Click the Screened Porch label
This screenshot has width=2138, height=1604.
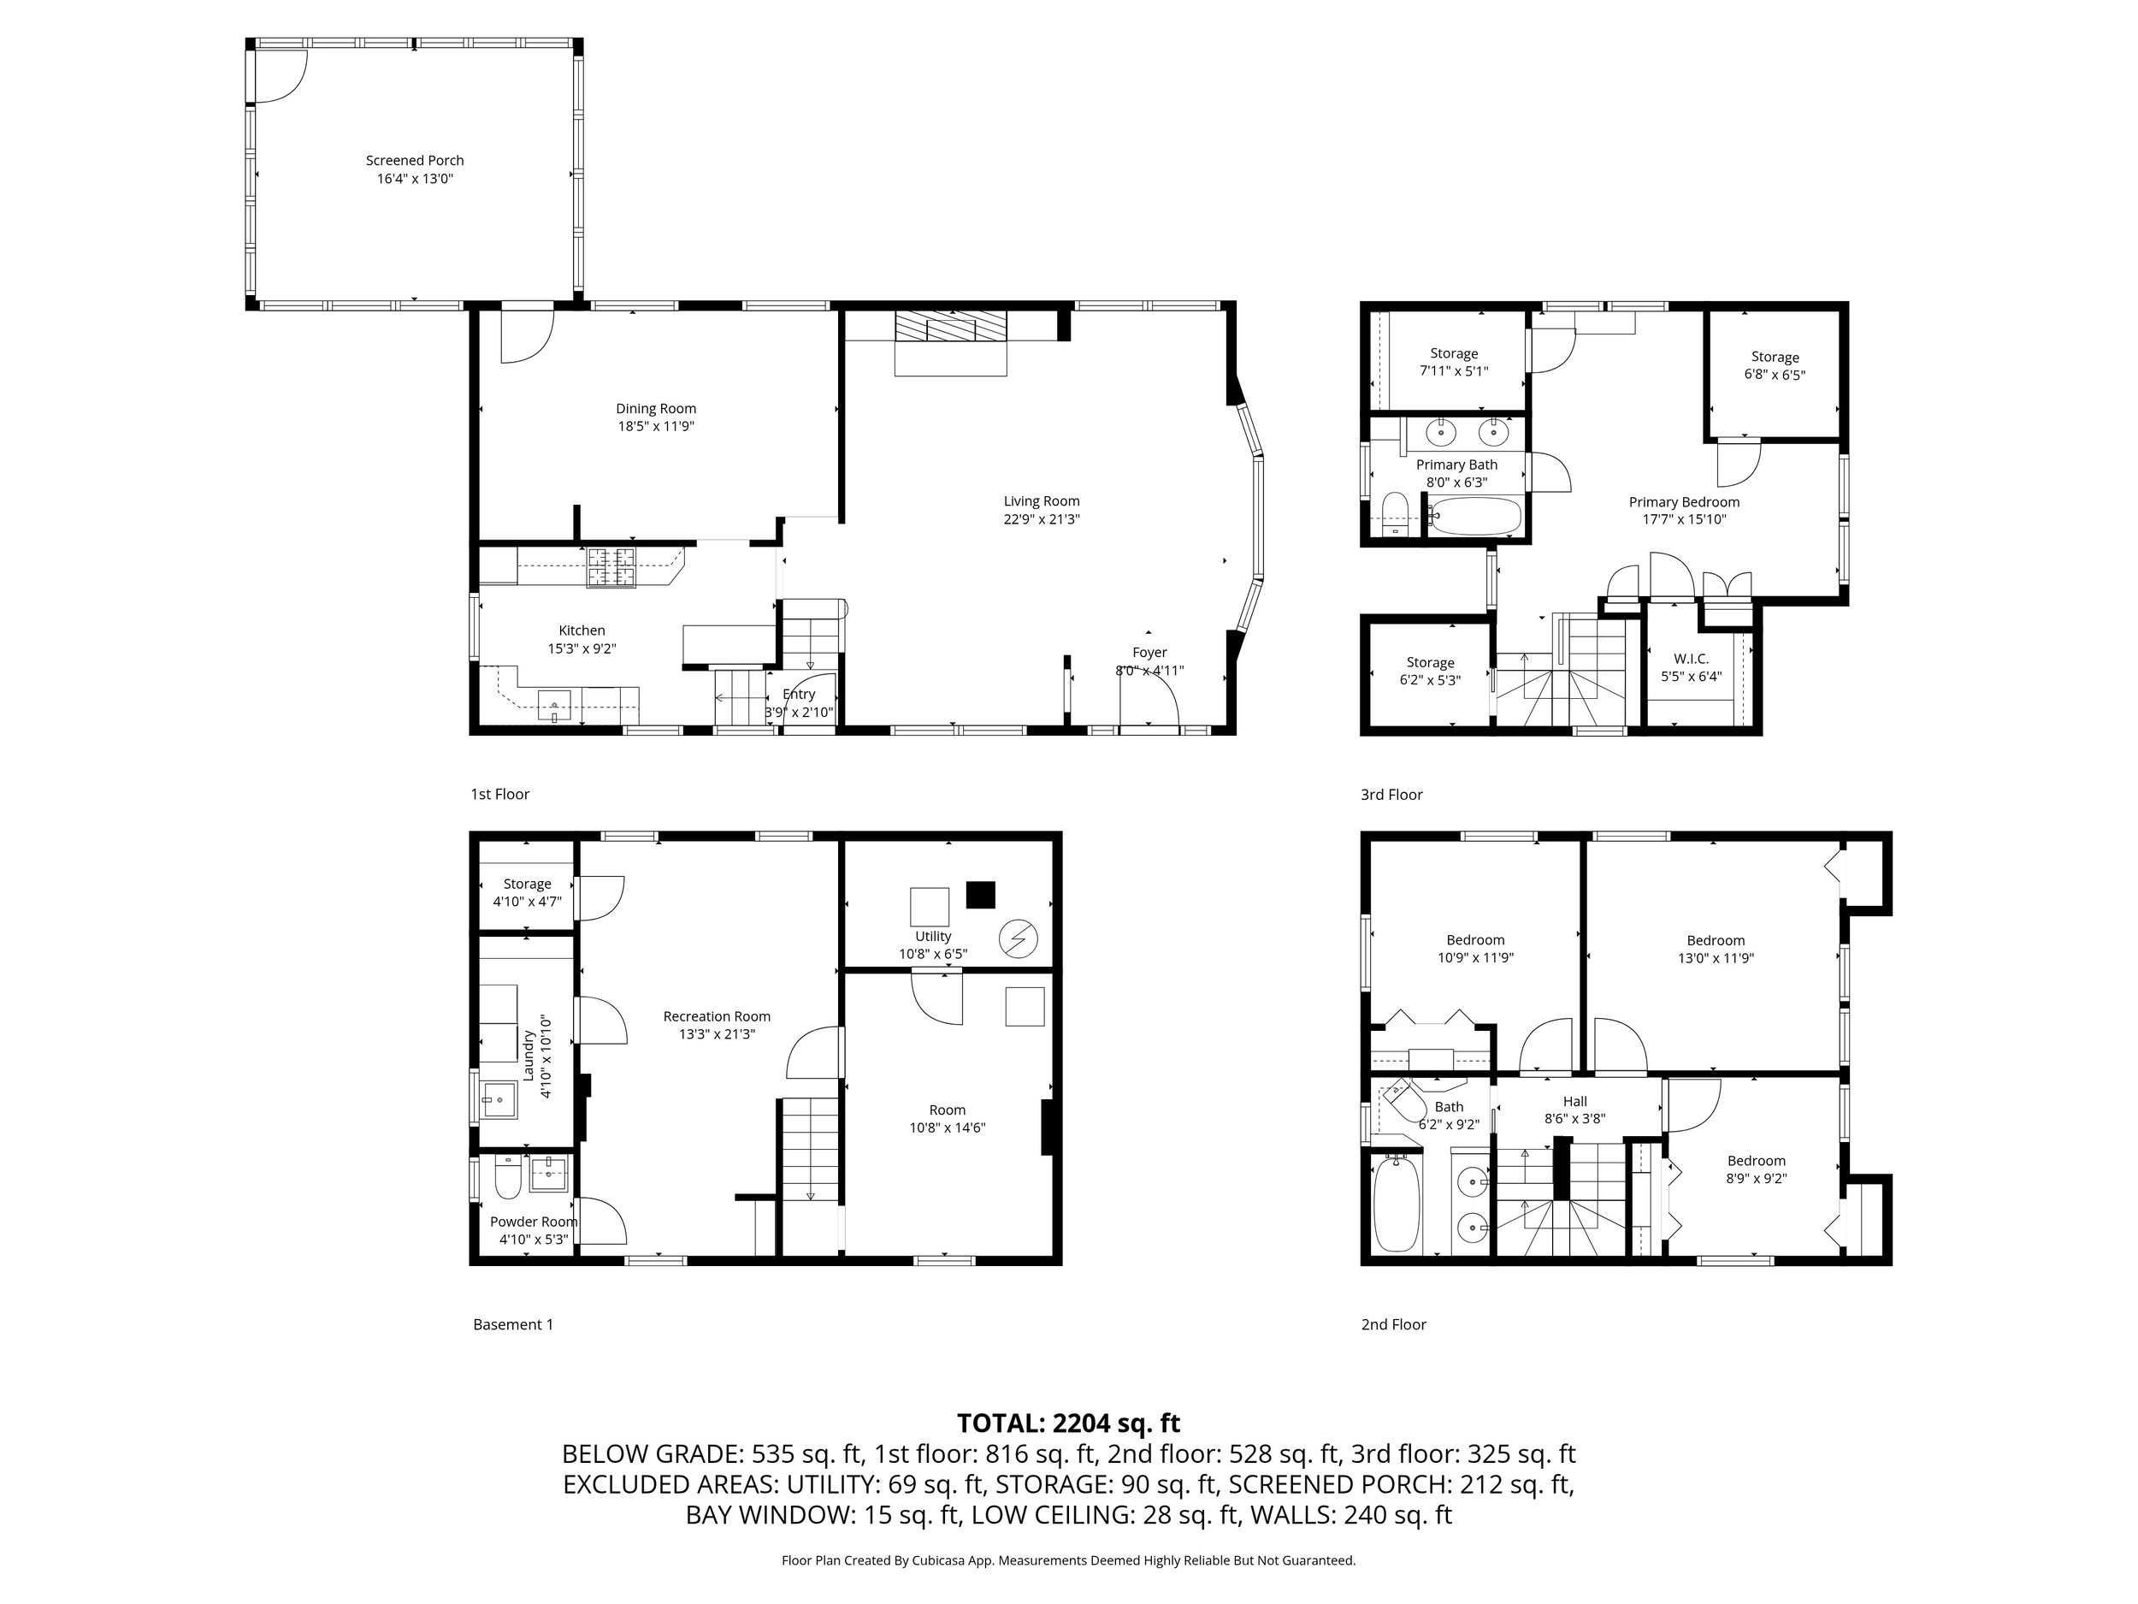click(x=415, y=161)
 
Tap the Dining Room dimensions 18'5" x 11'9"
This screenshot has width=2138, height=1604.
click(x=655, y=426)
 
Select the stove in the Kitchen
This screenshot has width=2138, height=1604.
click(x=611, y=567)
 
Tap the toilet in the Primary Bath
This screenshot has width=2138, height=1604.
click(x=1395, y=514)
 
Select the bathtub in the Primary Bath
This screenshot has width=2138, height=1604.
click(x=1476, y=517)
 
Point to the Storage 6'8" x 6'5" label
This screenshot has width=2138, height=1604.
click(x=1775, y=365)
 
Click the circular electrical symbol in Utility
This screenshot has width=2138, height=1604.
click(x=1018, y=938)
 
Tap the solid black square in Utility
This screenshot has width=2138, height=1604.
click(x=981, y=894)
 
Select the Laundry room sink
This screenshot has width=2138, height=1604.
click(x=499, y=1099)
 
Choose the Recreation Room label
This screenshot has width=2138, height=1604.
click(x=716, y=1016)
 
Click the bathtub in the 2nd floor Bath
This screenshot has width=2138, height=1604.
click(x=1397, y=1204)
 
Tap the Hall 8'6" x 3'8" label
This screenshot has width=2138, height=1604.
click(x=1574, y=1110)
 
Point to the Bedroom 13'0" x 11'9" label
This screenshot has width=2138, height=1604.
click(x=1716, y=949)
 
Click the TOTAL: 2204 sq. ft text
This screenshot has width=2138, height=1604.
click(x=1068, y=1423)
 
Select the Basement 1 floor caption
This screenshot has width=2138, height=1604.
click(x=513, y=1324)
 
